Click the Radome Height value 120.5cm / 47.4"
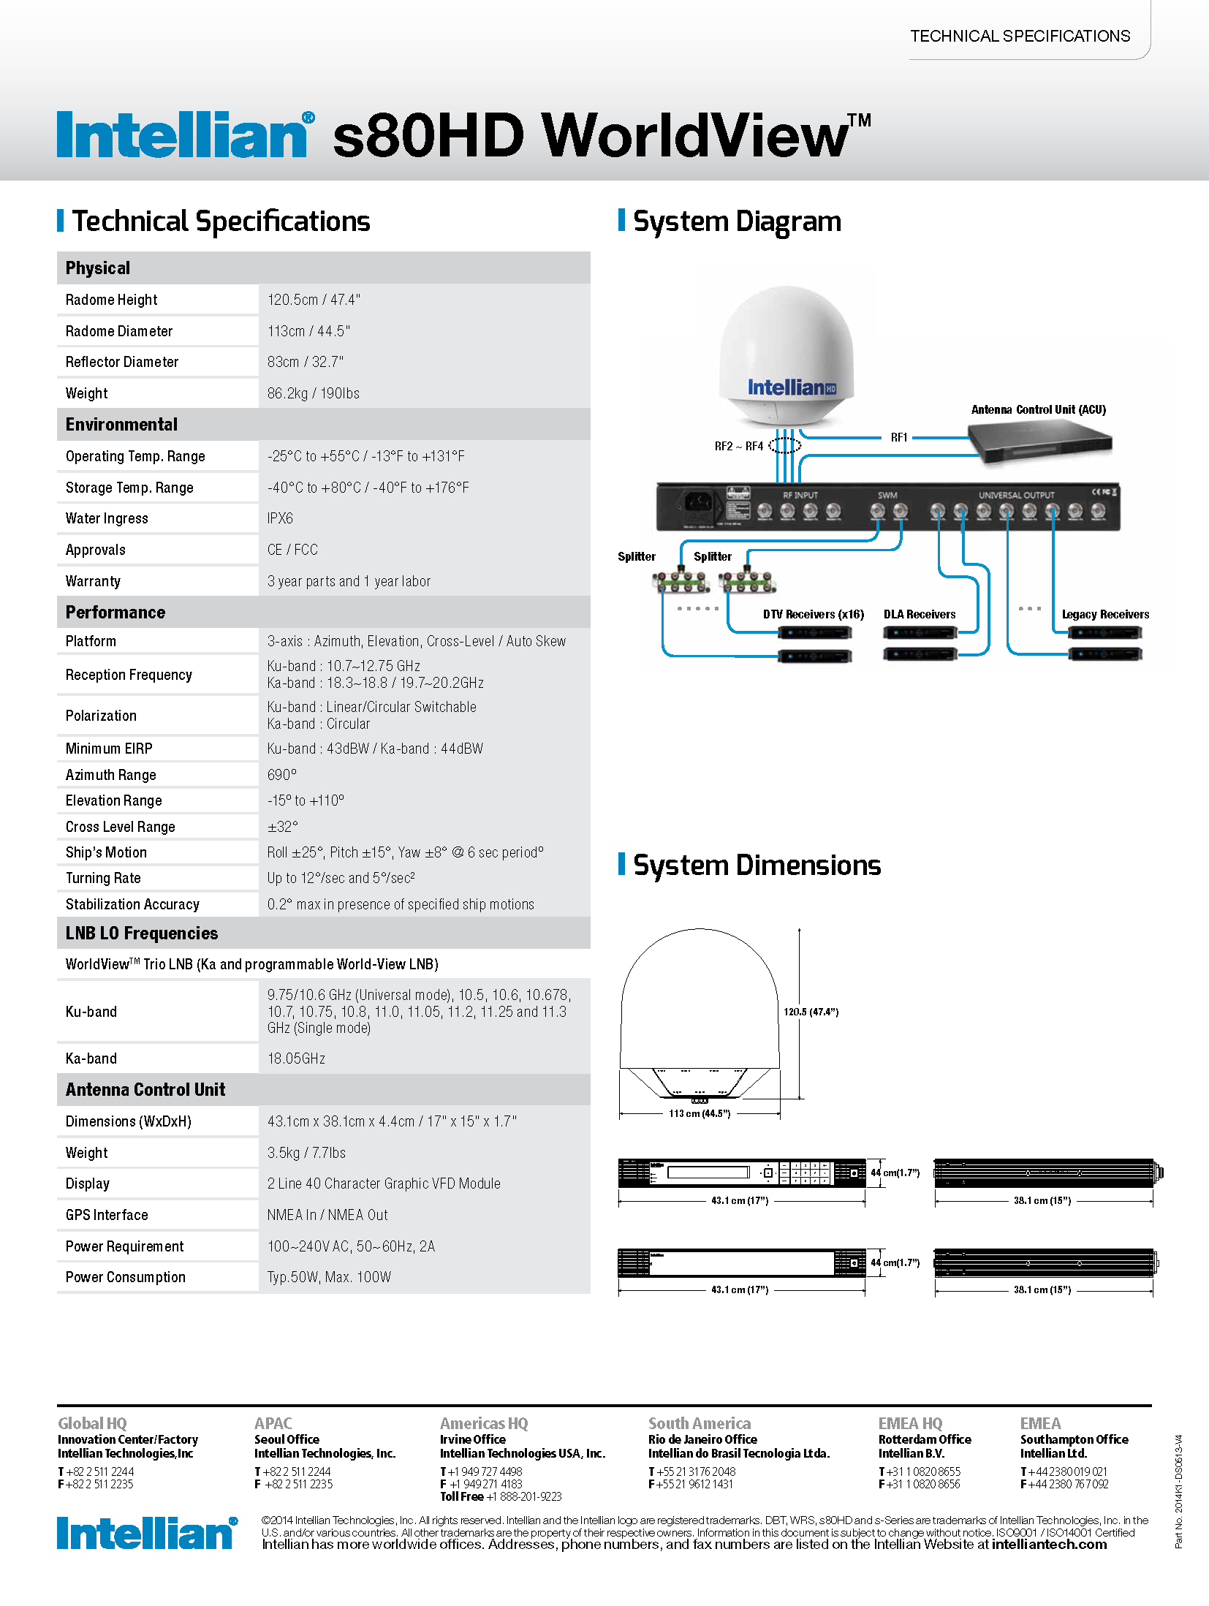(x=314, y=300)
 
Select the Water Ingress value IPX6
(x=280, y=518)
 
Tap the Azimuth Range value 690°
(x=282, y=775)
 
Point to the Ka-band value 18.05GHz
(x=296, y=1058)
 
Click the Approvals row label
(x=96, y=550)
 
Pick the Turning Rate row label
(x=103, y=878)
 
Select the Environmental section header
(x=121, y=425)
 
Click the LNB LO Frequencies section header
(x=142, y=933)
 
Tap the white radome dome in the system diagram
(x=786, y=344)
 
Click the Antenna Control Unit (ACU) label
(x=1038, y=409)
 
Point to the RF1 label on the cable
(x=898, y=437)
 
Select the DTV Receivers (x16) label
(x=813, y=614)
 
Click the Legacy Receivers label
(x=1105, y=614)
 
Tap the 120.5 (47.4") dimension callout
(x=811, y=1012)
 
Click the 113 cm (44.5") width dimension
(x=700, y=1113)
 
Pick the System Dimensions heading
(x=757, y=866)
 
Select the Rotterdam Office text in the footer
(x=925, y=1439)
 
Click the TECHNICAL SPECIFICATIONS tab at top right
(x=1020, y=36)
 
